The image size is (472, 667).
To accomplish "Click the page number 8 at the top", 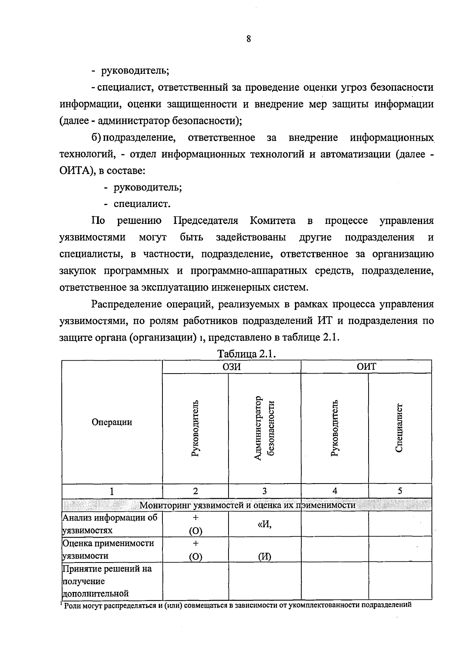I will (x=249, y=39).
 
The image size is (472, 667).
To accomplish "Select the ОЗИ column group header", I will (x=232, y=366).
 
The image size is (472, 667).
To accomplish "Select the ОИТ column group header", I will (x=366, y=366).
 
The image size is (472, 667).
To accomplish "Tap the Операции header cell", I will (x=112, y=422).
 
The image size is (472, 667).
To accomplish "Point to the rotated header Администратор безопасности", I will (x=264, y=428).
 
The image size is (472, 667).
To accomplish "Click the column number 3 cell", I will (x=264, y=491).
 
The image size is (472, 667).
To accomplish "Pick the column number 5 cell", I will (x=400, y=491).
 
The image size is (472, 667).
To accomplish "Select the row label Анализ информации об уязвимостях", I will (x=110, y=524).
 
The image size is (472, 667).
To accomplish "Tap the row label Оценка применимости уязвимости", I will (x=108, y=550).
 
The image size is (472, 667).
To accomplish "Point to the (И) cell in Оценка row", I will (x=265, y=557).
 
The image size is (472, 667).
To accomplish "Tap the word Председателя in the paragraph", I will (x=206, y=221).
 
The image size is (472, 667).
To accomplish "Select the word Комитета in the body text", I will (x=273, y=221).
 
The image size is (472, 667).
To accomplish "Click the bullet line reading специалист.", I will (x=142, y=204).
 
